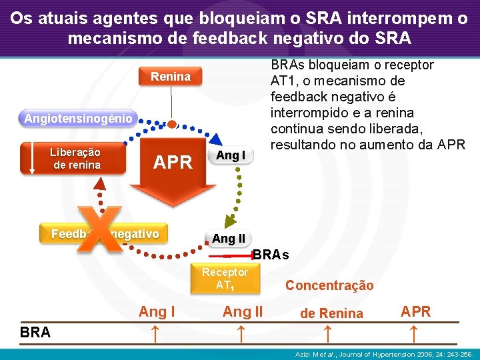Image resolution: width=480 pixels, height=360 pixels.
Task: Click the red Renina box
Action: click(x=171, y=77)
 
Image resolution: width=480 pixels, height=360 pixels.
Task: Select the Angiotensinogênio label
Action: click(x=79, y=119)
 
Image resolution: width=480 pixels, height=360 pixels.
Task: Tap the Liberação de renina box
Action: click(x=75, y=159)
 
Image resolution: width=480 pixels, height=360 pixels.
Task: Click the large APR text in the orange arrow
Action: click(x=173, y=162)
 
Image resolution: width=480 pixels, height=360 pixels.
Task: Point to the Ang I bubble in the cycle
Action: click(x=231, y=156)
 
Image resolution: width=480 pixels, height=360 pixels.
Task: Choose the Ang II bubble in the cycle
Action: click(x=229, y=239)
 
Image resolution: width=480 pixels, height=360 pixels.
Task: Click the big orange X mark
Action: click(x=100, y=230)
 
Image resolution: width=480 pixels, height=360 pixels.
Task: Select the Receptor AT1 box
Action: click(x=225, y=279)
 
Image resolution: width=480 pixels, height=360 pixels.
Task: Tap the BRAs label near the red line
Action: click(x=271, y=255)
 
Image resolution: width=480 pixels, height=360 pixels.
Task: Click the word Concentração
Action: click(x=329, y=285)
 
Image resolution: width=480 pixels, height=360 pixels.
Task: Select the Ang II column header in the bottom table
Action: click(x=243, y=311)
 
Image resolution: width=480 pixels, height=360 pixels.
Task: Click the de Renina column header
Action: click(x=331, y=313)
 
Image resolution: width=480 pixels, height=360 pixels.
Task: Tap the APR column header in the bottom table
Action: click(x=416, y=311)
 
